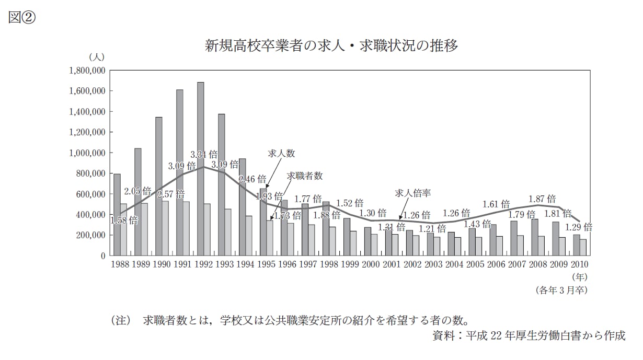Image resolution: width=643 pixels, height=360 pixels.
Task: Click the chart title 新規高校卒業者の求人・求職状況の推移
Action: pos(331,46)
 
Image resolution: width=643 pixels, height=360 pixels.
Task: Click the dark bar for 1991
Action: pos(180,172)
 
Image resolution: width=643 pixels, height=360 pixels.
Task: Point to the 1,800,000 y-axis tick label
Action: pos(87,70)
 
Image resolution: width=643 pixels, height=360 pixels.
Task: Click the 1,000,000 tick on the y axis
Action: pos(87,153)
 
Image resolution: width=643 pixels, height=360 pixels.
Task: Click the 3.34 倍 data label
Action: pos(204,155)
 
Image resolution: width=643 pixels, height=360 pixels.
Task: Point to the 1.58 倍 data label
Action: pos(124,220)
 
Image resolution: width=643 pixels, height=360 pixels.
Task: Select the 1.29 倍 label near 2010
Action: pos(578,227)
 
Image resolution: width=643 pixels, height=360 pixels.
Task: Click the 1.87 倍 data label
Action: pos(542,199)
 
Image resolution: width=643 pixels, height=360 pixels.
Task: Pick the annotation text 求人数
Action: pos(282,154)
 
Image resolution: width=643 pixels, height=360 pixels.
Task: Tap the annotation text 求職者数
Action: pos(305,176)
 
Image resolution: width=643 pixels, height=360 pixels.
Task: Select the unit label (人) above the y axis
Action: pos(97,56)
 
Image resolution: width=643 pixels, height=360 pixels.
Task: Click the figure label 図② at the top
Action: pos(21,18)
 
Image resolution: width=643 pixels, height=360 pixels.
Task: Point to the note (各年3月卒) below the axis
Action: pos(561,290)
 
